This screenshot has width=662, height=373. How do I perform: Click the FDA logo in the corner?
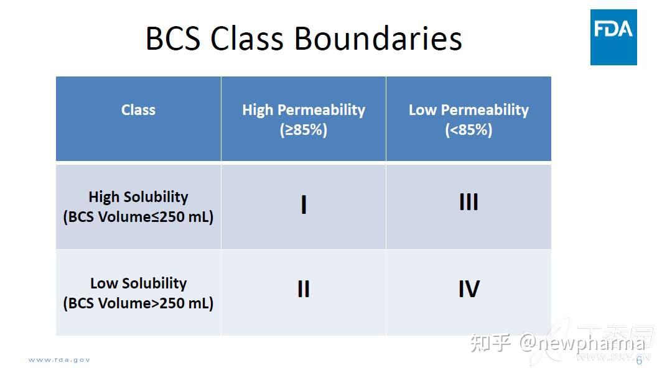(613, 37)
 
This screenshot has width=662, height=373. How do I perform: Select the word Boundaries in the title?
(378, 39)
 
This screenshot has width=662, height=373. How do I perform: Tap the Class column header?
(138, 110)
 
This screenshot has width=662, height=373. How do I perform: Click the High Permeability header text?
(304, 110)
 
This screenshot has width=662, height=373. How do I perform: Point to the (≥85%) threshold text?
(304, 130)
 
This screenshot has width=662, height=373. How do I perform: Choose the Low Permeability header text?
(469, 110)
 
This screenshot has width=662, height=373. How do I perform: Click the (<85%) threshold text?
(469, 130)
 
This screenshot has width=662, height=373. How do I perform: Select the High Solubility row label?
(138, 197)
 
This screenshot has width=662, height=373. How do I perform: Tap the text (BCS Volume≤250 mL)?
(138, 218)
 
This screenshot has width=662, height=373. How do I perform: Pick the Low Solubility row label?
(138, 283)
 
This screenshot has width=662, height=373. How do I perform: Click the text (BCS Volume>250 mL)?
(138, 303)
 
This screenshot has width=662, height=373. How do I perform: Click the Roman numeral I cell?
(304, 205)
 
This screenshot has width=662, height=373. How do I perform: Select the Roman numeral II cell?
(304, 289)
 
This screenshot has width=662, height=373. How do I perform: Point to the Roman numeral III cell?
(469, 203)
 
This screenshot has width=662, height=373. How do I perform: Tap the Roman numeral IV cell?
(469, 289)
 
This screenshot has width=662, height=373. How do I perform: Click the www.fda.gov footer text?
(59, 360)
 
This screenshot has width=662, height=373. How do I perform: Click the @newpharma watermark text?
(582, 343)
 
